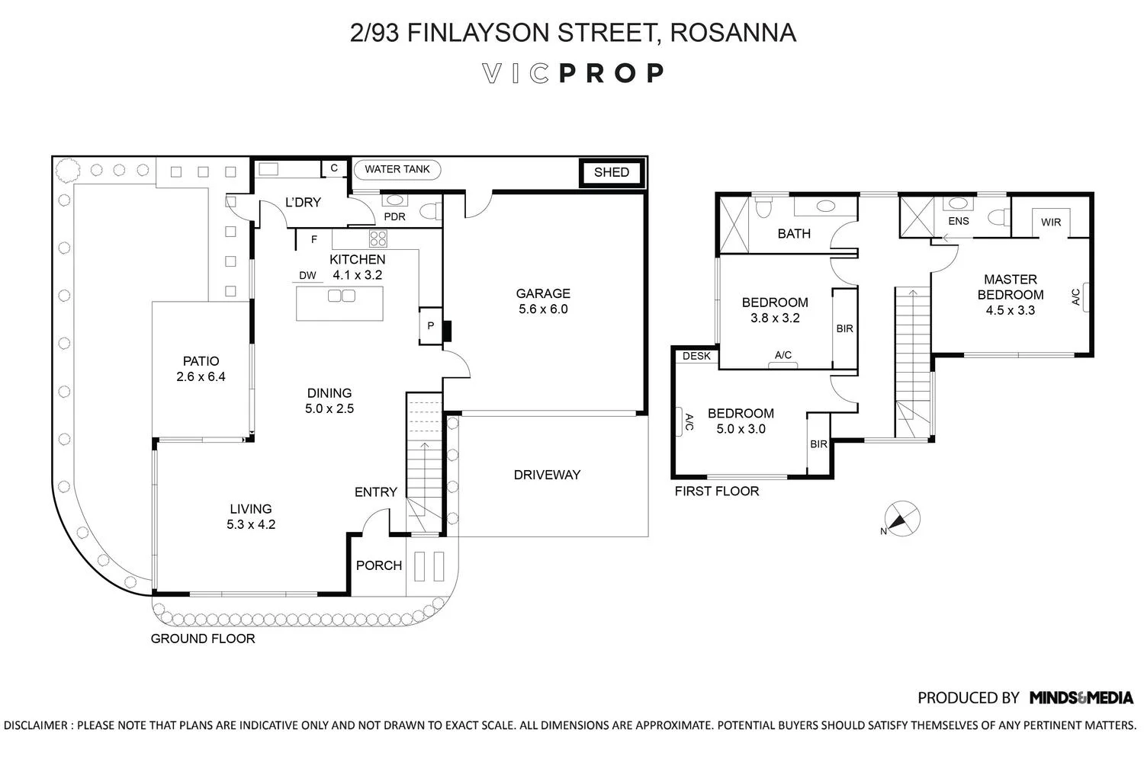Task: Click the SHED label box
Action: [x=612, y=172]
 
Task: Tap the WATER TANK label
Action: [x=397, y=169]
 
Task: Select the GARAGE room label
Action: [x=543, y=293]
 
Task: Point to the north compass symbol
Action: [x=901, y=519]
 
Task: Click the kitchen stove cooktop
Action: [x=378, y=239]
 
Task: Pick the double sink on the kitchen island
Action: [x=342, y=296]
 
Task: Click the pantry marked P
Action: [x=431, y=325]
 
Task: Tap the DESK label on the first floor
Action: [x=696, y=356]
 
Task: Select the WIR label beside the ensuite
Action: [x=1051, y=223]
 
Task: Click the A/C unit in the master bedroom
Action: [x=1084, y=297]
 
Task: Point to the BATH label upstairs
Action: [x=794, y=234]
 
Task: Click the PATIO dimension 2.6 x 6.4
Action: [x=201, y=376]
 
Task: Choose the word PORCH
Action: [x=379, y=565]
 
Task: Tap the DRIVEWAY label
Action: [x=547, y=475]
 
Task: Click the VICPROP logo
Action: [x=573, y=73]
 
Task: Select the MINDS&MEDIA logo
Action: [x=1081, y=698]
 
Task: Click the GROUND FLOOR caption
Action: [x=203, y=639]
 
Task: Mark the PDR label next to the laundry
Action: [x=395, y=217]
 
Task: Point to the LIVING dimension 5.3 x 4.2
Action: [x=251, y=525]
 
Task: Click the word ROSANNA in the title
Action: [x=733, y=33]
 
